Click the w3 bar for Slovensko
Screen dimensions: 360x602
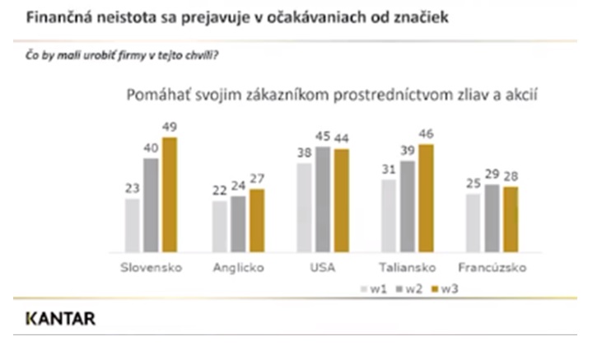coord(170,194)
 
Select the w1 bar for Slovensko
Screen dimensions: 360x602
coord(133,225)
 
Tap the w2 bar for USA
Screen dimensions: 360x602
coord(324,199)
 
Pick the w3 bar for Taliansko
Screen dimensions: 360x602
coord(426,198)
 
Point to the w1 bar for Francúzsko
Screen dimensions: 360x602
coord(473,222)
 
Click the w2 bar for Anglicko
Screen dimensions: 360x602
coord(239,224)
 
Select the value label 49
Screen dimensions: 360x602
coord(170,127)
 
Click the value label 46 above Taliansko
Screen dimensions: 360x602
coord(426,133)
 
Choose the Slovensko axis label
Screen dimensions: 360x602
coord(151,268)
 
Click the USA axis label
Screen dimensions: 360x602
coord(323,268)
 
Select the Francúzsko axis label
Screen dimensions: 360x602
coord(492,268)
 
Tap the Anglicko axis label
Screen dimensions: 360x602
coord(237,268)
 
